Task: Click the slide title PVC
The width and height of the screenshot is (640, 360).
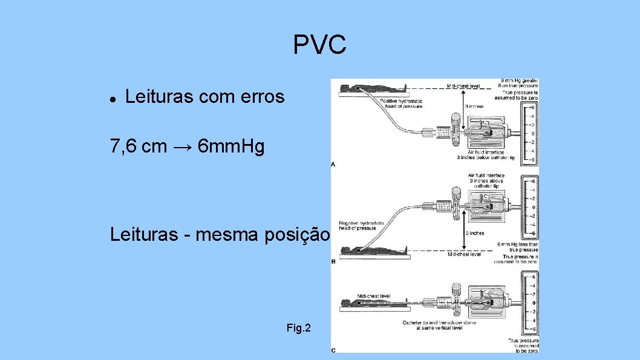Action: (319, 45)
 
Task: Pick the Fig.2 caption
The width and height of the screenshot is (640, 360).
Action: (299, 329)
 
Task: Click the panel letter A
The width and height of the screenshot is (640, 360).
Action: (333, 164)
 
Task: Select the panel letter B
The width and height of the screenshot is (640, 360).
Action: (333, 262)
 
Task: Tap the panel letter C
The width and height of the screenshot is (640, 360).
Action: (333, 350)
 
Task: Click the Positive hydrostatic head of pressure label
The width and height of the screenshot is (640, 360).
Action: (401, 103)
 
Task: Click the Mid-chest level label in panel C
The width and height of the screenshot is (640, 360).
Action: (373, 296)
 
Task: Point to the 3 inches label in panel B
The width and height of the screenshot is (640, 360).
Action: (474, 233)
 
